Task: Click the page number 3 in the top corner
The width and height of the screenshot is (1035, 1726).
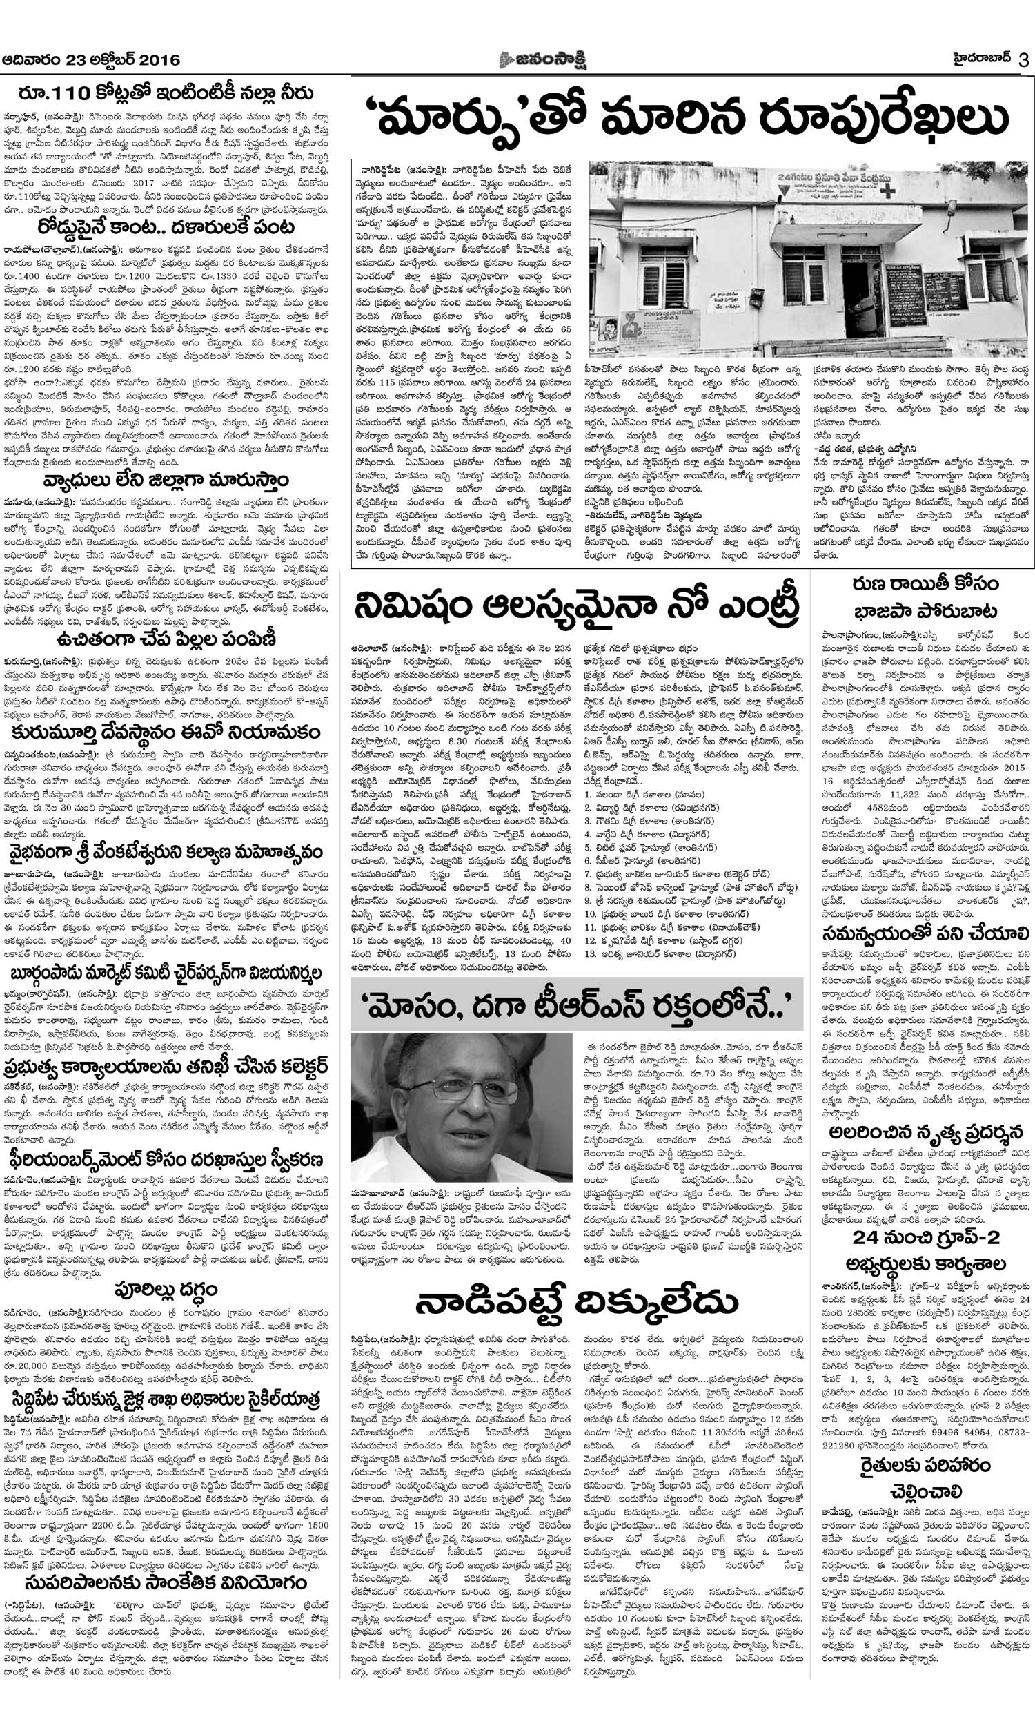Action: (1023, 60)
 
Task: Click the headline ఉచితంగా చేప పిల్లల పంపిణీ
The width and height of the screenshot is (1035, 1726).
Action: (168, 639)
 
